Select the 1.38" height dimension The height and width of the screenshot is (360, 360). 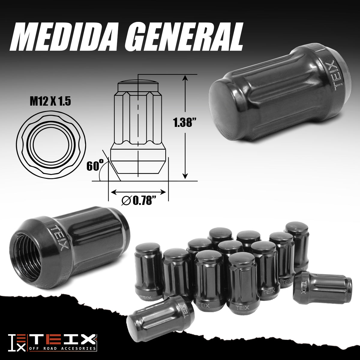(184, 122)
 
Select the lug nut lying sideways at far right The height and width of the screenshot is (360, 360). (322, 287)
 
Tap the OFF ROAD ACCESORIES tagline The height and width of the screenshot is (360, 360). (63, 349)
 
